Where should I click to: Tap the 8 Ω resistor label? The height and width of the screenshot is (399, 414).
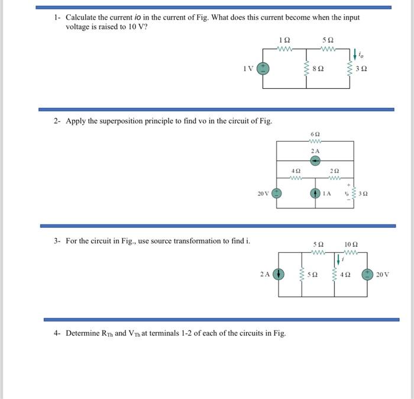[x=321, y=69]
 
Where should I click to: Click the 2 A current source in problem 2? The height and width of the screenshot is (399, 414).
[x=316, y=160]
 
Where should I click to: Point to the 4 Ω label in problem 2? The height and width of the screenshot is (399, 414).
[x=297, y=170]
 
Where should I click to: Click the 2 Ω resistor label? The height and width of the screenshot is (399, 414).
[x=334, y=170]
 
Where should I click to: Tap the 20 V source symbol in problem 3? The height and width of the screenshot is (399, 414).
[x=368, y=274]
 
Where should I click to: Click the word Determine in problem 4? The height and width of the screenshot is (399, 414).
[x=82, y=333]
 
